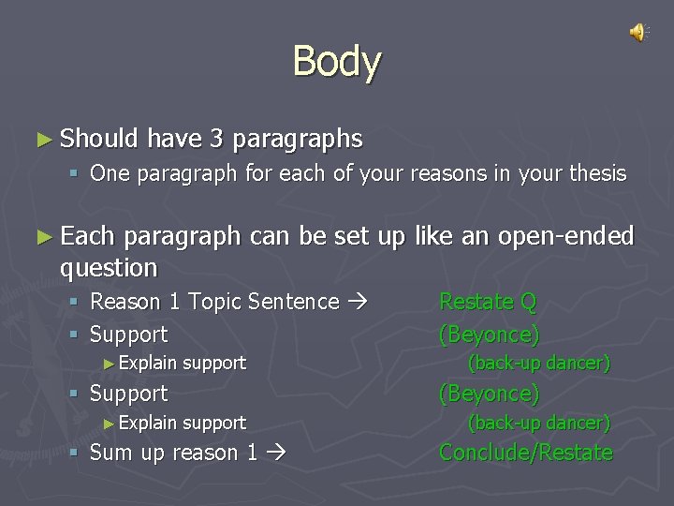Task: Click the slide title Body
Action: point(336,62)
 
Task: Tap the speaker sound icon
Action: point(637,33)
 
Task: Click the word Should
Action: point(99,139)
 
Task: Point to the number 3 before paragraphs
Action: point(216,139)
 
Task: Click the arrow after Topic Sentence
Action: point(358,302)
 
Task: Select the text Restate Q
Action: point(488,302)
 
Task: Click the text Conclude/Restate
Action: point(525,453)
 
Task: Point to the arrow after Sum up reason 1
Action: point(274,454)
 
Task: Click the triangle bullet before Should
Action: point(43,140)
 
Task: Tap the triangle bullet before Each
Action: point(43,235)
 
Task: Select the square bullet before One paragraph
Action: point(76,174)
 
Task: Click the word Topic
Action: point(212,302)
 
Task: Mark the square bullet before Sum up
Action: point(76,454)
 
